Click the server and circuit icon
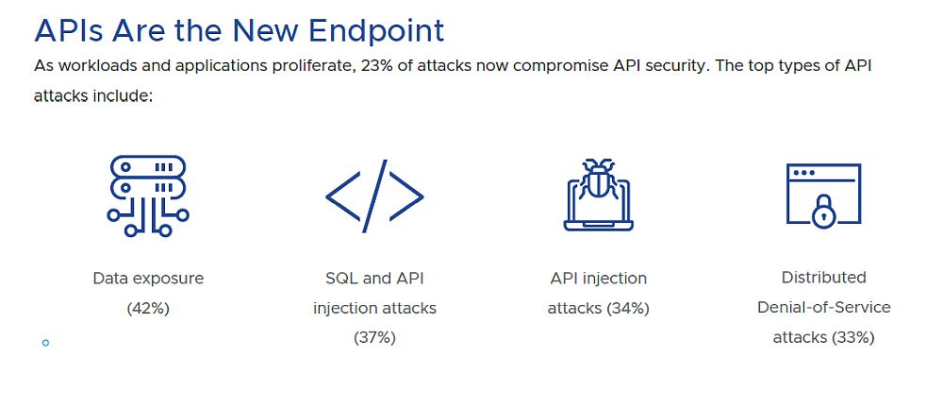tap(148, 195)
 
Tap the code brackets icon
tap(374, 196)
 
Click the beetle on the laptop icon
tap(599, 178)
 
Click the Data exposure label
tap(148, 279)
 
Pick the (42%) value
tap(148, 308)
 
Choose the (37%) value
tap(374, 338)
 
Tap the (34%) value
tap(628, 308)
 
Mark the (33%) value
tap(852, 338)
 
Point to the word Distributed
tap(824, 278)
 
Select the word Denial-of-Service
tap(824, 308)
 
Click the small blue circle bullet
tap(45, 343)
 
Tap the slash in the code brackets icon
tap(374, 196)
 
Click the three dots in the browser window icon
tap(804, 172)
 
